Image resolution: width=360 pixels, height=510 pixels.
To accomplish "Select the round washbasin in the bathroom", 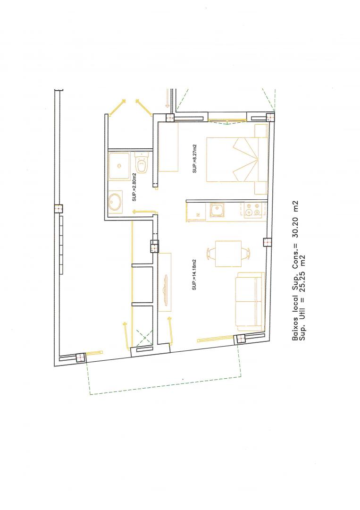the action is tap(115, 202).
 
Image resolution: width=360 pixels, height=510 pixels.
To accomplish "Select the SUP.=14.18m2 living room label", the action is tap(194, 275).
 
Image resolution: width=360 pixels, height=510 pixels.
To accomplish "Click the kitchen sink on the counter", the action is tap(217, 210).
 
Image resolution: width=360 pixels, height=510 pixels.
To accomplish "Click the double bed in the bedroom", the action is tap(237, 160).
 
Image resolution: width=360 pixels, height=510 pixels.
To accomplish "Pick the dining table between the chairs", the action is tap(228, 254).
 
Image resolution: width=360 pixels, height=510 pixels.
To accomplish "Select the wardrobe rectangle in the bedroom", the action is tap(168, 147).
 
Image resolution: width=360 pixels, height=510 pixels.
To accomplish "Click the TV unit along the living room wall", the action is tap(165, 281).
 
